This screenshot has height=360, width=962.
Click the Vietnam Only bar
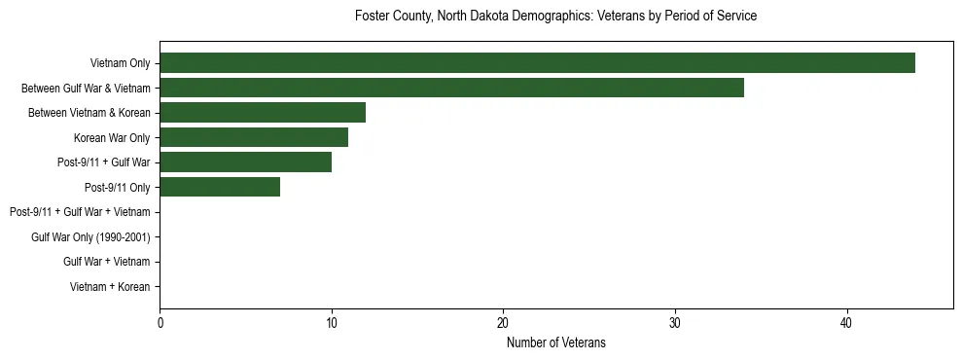pyautogui.click(x=537, y=63)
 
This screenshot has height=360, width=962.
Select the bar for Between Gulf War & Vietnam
pyautogui.click(x=451, y=88)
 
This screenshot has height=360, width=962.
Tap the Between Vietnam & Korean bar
pyautogui.click(x=263, y=113)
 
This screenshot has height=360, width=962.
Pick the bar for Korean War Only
pyautogui.click(x=254, y=137)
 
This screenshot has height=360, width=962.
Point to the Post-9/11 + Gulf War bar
pyautogui.click(x=245, y=162)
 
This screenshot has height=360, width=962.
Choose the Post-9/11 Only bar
pyautogui.click(x=220, y=187)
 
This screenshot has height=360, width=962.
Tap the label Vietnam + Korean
pyautogui.click(x=110, y=287)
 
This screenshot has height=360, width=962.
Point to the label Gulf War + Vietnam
pyautogui.click(x=106, y=262)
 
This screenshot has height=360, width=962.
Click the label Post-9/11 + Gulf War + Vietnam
pyautogui.click(x=80, y=212)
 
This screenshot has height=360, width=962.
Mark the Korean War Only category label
pyautogui.click(x=112, y=138)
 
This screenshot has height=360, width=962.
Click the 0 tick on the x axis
pyautogui.click(x=160, y=323)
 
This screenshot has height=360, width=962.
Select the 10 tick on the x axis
pyautogui.click(x=332, y=323)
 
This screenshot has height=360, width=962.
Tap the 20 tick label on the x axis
pyautogui.click(x=503, y=323)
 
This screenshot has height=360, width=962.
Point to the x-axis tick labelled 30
pyautogui.click(x=675, y=323)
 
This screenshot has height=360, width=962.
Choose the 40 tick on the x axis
pyautogui.click(x=846, y=323)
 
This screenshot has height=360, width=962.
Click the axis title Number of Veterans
pyautogui.click(x=555, y=342)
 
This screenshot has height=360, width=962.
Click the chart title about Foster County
pyautogui.click(x=555, y=17)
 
